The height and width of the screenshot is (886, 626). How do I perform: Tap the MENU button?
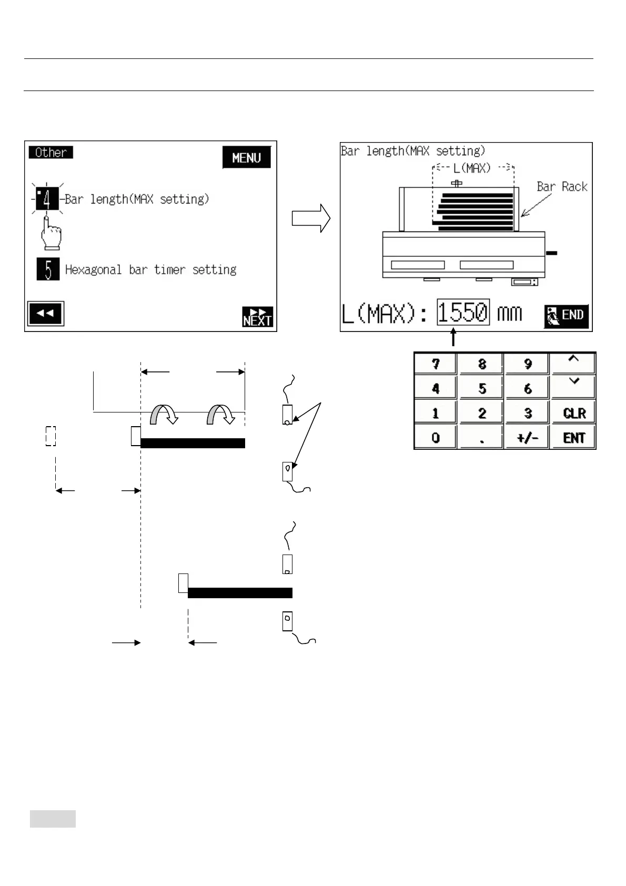coord(246,158)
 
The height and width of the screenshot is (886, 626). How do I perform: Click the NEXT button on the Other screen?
coord(258,317)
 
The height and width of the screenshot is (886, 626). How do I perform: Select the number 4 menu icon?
coord(47,199)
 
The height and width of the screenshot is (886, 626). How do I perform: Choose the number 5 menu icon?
coord(48,269)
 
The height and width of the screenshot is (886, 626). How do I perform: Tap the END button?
coord(566,316)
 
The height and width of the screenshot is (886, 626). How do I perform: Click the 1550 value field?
coord(463,313)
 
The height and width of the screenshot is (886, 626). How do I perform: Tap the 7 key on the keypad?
coord(436,364)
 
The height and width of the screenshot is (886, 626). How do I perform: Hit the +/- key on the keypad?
coord(528,438)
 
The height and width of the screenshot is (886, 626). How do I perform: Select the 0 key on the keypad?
coord(436,438)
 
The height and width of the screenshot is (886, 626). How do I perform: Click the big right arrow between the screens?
coord(311,218)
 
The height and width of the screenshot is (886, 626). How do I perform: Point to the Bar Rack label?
coord(562,187)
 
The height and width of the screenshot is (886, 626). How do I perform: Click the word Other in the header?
coord(51,153)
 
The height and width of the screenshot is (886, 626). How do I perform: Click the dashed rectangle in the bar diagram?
coord(51,436)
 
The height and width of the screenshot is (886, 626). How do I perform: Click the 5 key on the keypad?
coord(482,389)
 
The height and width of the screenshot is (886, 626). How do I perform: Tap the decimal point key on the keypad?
coord(482,438)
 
